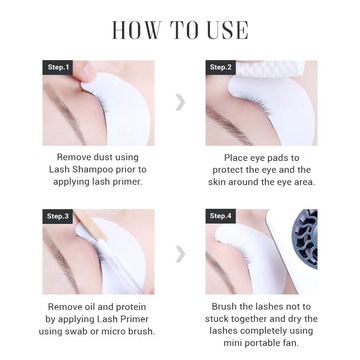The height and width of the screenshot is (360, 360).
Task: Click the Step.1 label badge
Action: pyautogui.click(x=58, y=67)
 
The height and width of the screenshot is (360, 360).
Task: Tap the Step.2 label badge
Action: pyautogui.click(x=221, y=67)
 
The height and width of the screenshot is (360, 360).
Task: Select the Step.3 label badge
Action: pyautogui.click(x=58, y=216)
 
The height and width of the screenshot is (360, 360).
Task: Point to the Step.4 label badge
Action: pyautogui.click(x=221, y=216)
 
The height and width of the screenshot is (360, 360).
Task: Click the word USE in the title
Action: pyautogui.click(x=228, y=30)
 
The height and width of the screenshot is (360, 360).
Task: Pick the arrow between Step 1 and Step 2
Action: pyautogui.click(x=180, y=103)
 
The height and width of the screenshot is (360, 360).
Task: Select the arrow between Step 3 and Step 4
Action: pyautogui.click(x=180, y=255)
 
